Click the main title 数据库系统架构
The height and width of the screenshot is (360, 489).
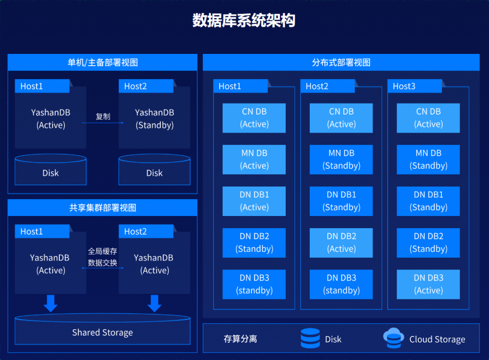pos(244,20)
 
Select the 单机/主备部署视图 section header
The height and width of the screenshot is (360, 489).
pos(102,62)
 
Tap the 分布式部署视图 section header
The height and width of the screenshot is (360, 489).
pos(341,62)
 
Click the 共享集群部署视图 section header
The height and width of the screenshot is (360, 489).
pos(102,208)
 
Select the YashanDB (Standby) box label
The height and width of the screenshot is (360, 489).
pos(154,119)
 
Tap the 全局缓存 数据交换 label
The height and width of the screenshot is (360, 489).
pos(102,257)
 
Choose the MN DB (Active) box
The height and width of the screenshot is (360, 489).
pos(254,159)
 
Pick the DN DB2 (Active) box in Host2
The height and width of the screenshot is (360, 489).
pos(341,243)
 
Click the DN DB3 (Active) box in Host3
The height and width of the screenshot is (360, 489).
pos(428,284)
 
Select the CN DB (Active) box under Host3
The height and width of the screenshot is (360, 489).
pos(428,118)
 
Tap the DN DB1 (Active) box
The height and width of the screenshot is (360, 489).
pos(254,201)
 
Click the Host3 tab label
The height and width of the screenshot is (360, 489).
pos(404,86)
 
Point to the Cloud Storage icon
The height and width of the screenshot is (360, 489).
pos(393,338)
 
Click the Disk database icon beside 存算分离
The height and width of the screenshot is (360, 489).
pos(310,338)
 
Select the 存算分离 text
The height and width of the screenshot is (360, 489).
pos(240,339)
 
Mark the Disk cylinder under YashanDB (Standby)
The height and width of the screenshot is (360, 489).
pos(154,170)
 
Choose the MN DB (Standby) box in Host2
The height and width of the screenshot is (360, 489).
pos(341,159)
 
